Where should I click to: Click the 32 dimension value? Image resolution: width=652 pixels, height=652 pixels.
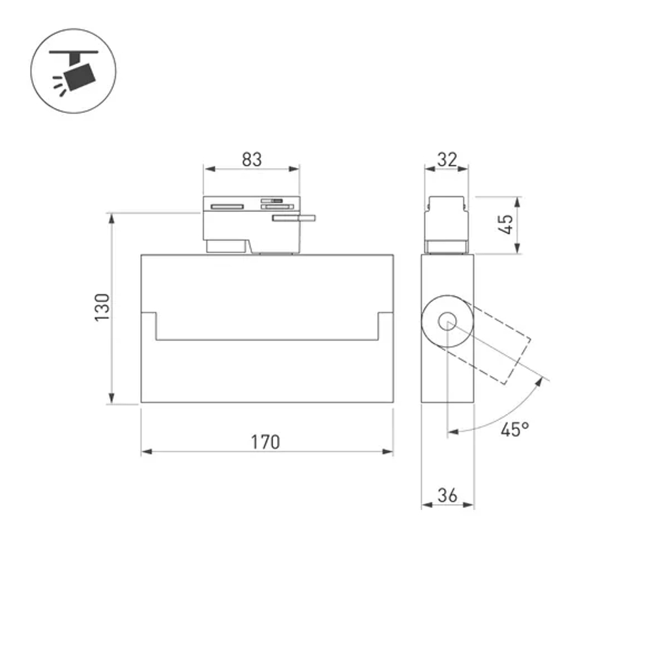[x=447, y=159]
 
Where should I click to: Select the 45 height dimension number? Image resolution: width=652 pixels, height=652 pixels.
[x=506, y=225]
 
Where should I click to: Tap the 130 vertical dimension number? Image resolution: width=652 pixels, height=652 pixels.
[x=102, y=308]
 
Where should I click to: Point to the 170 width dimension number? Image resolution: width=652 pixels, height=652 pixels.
[x=265, y=441]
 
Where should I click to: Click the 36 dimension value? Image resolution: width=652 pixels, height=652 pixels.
[x=447, y=496]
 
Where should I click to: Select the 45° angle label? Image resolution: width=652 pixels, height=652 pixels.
[x=514, y=429]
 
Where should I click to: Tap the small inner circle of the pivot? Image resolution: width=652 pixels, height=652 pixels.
[x=447, y=321]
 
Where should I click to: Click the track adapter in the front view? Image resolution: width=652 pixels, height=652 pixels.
[x=251, y=225]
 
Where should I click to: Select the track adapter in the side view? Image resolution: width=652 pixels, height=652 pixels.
[x=447, y=225]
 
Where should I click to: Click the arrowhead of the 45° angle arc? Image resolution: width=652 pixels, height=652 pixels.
[x=452, y=432]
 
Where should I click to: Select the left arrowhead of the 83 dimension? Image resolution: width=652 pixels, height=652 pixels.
[x=208, y=169]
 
